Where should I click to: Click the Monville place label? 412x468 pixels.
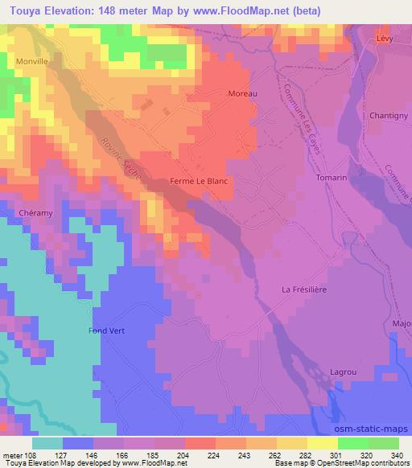pos(32,60)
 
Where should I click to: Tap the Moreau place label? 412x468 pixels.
pos(242,94)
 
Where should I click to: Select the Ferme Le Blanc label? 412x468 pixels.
pos(200,182)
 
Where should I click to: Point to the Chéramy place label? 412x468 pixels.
pos(34,213)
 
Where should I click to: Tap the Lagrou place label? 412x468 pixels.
pos(344,372)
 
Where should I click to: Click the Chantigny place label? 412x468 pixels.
pos(388,116)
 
